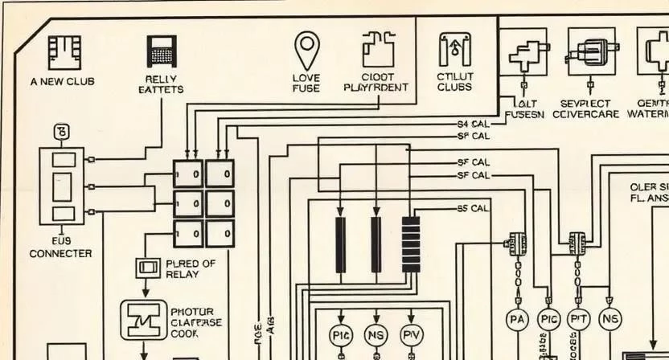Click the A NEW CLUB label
pyautogui.click(x=62, y=82)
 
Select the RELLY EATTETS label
pyautogui.click(x=161, y=84)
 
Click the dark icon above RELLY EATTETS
pyautogui.click(x=162, y=51)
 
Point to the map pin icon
pyautogui.click(x=306, y=50)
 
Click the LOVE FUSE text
pyautogui.click(x=306, y=82)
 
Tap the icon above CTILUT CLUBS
pyautogui.click(x=454, y=50)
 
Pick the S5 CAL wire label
pyautogui.click(x=473, y=208)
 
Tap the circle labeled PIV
pyautogui.click(x=411, y=334)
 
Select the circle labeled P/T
pyautogui.click(x=579, y=320)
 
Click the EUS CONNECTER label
pyautogui.click(x=60, y=247)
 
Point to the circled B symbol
pyautogui.click(x=62, y=131)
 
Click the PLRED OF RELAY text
pyautogui.click(x=190, y=268)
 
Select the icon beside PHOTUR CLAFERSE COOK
pyautogui.click(x=142, y=320)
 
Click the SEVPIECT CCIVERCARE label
pyautogui.click(x=589, y=109)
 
